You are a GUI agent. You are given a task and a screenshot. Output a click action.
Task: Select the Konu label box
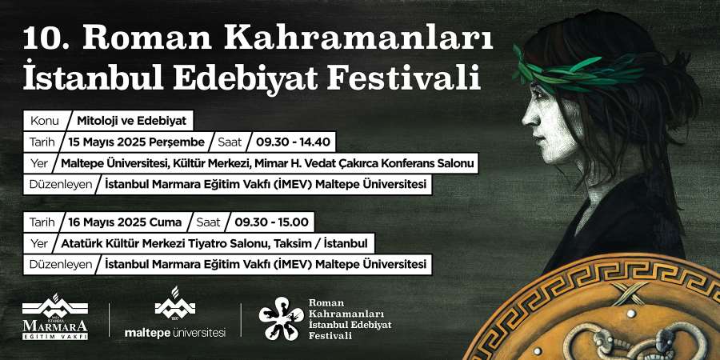[x=45, y=121]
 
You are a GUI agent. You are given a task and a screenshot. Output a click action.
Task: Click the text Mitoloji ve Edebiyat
[x=132, y=121]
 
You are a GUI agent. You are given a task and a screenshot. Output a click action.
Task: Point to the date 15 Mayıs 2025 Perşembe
[x=136, y=142]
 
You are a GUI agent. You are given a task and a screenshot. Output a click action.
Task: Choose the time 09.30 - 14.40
[x=293, y=142]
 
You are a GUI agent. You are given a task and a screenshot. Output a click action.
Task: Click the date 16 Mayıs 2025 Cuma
[x=125, y=222]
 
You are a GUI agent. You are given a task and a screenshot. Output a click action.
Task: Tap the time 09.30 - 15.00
[x=271, y=222]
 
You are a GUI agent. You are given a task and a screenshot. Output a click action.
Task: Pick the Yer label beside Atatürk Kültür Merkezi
[x=39, y=243]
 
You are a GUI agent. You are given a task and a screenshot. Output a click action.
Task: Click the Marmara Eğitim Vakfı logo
[x=55, y=317]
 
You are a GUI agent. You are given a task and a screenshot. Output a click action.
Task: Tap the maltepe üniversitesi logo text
[x=175, y=333]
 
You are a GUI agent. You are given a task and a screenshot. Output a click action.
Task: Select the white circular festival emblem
[x=281, y=318]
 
